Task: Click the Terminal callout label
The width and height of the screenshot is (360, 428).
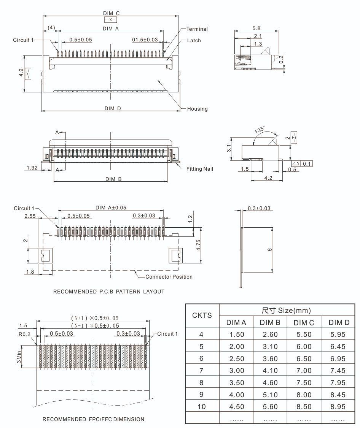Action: [x=197, y=29]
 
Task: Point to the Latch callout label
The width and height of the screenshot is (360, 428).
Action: [x=194, y=40]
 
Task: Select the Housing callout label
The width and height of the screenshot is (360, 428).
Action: [x=198, y=109]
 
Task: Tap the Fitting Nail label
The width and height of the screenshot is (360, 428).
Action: [x=199, y=169]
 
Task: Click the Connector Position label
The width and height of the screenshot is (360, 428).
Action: [x=169, y=277]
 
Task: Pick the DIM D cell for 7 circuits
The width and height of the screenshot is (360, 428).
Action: [x=338, y=370]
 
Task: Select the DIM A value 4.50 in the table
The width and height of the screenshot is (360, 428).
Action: [x=237, y=406]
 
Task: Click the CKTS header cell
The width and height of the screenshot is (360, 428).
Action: [x=202, y=315]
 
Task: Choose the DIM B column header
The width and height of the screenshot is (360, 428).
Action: [x=270, y=322]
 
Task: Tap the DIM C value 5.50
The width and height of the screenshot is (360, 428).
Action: [x=304, y=334]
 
